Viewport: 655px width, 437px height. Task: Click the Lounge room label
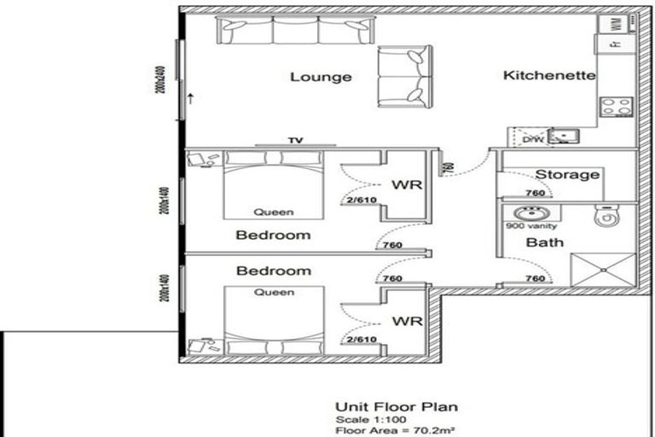321,77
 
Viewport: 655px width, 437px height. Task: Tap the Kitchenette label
549,75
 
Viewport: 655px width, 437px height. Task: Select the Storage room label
567,175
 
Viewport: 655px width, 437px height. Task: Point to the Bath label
545,243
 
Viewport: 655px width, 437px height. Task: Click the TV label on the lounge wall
296,141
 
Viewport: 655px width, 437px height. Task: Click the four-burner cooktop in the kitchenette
616,107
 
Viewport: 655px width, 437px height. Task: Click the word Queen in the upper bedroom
274,213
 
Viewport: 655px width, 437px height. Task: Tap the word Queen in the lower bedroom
274,293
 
